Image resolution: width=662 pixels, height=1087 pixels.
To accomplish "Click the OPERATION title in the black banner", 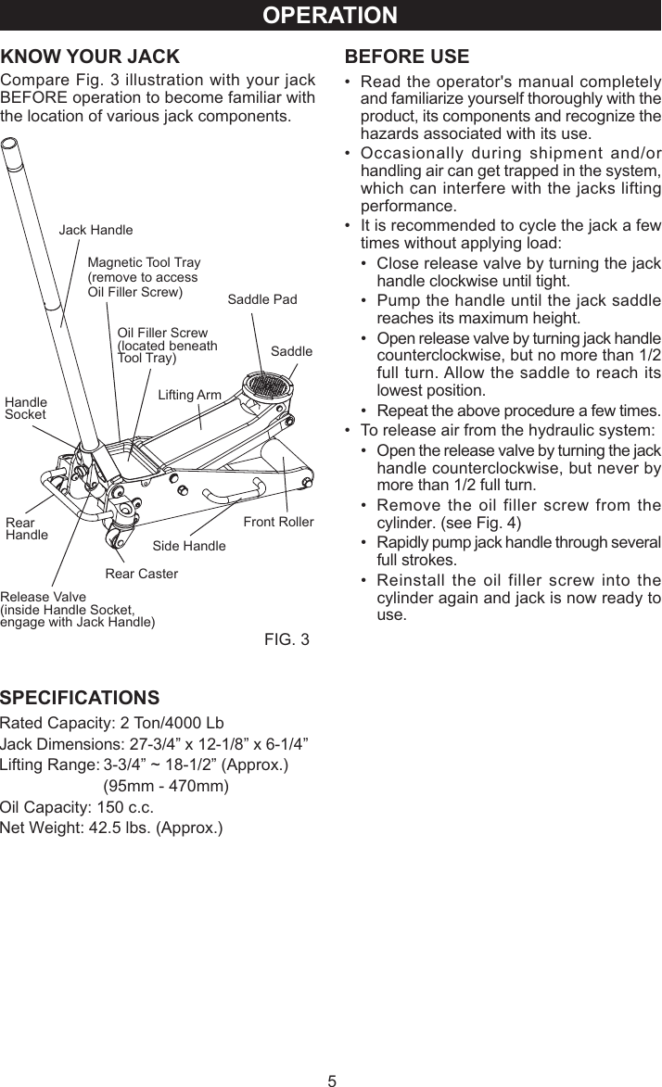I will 330,16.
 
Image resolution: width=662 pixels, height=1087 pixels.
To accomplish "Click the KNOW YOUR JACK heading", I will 90,57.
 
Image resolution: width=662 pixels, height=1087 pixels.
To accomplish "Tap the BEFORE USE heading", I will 406,57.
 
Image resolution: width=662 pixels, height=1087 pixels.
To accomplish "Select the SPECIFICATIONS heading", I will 80,697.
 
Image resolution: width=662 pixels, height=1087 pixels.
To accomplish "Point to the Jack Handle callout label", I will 95,230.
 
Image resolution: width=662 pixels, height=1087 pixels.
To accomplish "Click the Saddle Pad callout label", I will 262,299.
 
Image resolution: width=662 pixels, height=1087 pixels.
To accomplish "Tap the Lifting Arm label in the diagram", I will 190,395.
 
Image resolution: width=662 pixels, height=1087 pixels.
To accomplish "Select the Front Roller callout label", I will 278,522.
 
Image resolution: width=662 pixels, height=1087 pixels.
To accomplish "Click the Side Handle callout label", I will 188,546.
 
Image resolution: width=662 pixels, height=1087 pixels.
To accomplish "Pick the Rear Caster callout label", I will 141,574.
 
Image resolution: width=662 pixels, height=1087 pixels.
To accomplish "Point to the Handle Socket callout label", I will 26,409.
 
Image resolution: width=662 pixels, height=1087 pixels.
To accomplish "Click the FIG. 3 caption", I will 286,640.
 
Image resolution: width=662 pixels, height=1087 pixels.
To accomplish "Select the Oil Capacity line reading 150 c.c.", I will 77,806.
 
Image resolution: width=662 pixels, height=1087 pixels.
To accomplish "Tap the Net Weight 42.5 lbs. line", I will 111,827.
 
